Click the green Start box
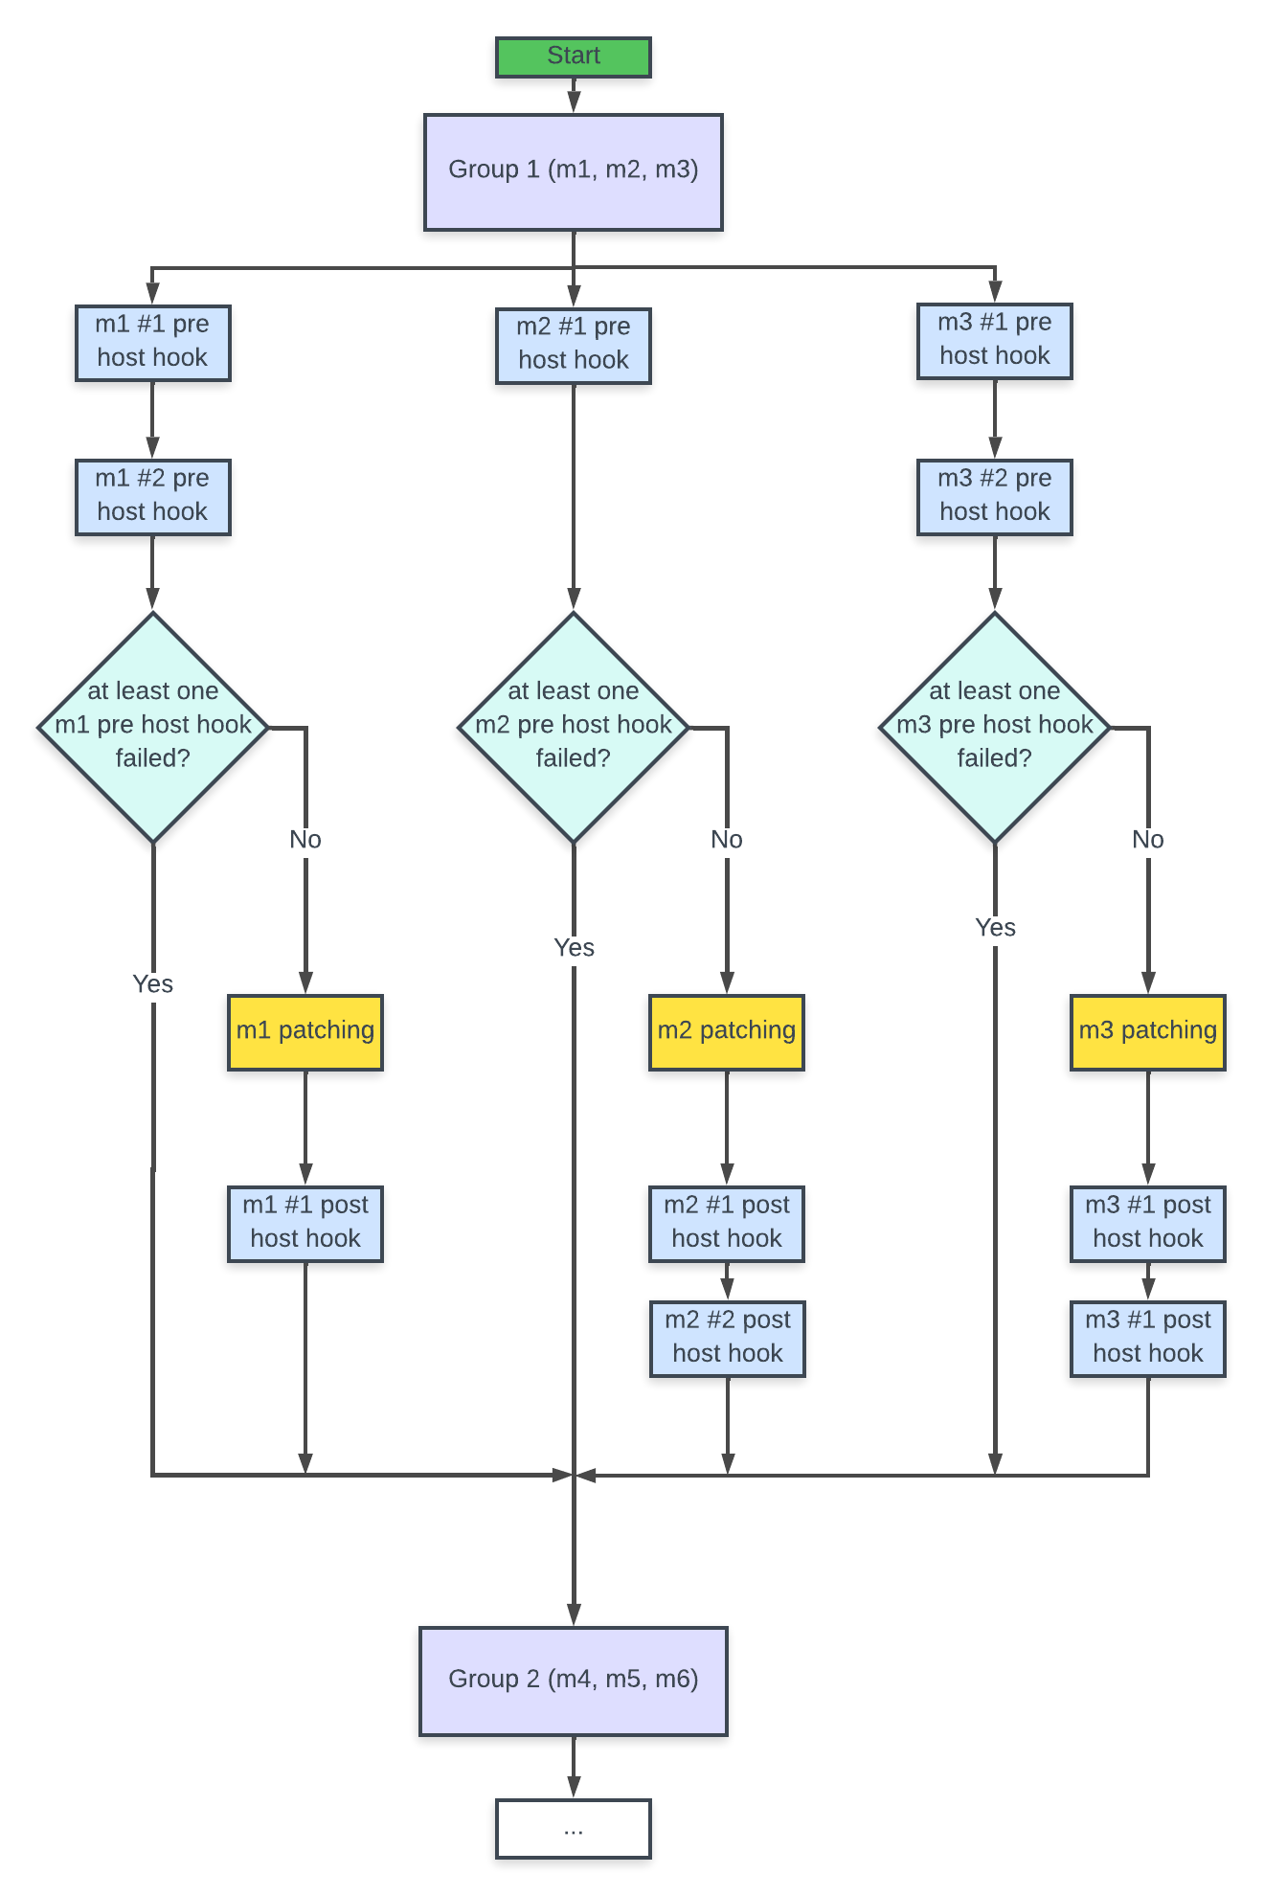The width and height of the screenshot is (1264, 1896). click(x=573, y=56)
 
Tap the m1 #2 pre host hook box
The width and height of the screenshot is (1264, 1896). click(x=152, y=496)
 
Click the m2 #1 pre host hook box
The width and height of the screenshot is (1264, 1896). click(x=573, y=345)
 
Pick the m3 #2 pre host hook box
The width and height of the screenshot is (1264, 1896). click(x=994, y=496)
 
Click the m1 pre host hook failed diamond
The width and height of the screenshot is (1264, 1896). click(x=152, y=726)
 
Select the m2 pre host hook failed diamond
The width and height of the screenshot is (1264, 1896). click(x=573, y=726)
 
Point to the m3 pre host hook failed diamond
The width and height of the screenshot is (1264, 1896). click(x=994, y=726)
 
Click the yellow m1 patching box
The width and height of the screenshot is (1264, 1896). click(x=305, y=1031)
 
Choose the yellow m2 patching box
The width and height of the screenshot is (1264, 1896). click(x=726, y=1031)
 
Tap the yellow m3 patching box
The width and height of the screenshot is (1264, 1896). click(x=1147, y=1031)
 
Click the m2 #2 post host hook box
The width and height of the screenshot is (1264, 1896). click(x=727, y=1338)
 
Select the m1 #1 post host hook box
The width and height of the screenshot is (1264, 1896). click(x=305, y=1223)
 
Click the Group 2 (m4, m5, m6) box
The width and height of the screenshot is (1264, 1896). click(x=573, y=1681)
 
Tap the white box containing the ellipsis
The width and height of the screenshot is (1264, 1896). click(x=573, y=1828)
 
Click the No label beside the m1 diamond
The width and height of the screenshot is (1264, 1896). click(x=305, y=840)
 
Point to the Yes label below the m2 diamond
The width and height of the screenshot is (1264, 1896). click(x=574, y=947)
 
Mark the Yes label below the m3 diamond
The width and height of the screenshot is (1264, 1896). click(x=995, y=927)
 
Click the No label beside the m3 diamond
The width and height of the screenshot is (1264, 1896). click(x=1147, y=840)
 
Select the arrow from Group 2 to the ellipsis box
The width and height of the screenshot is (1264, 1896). click(x=573, y=1767)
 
